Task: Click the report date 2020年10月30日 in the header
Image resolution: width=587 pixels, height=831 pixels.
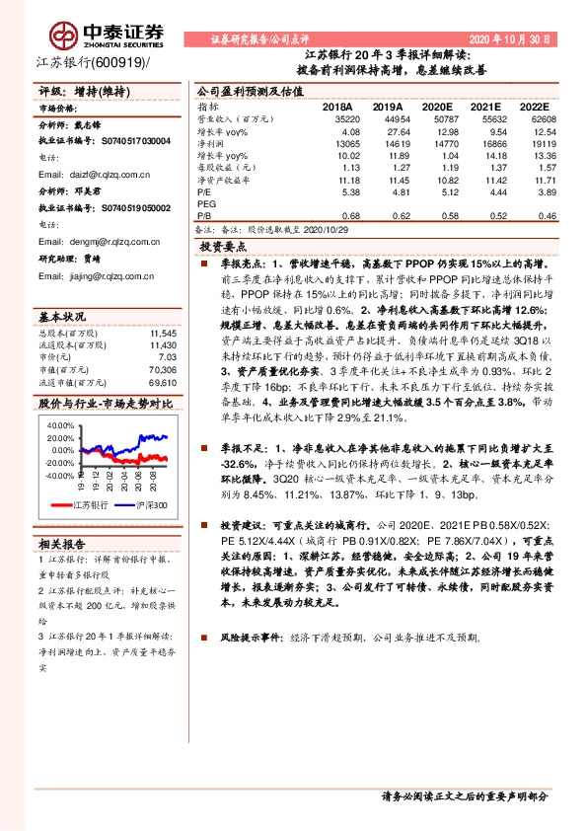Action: [x=522, y=37]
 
